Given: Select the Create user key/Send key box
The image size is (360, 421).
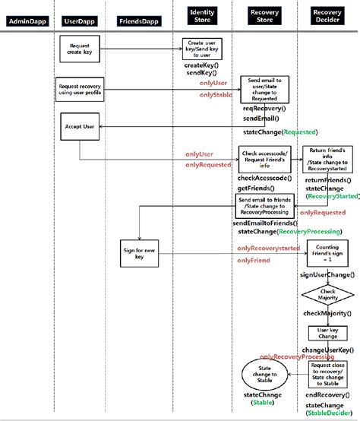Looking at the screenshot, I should (x=202, y=48).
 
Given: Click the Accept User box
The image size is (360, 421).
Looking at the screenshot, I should (x=79, y=126).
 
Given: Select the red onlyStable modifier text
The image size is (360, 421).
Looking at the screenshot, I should (x=216, y=94).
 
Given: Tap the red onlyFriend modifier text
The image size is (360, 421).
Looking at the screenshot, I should (x=252, y=261).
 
